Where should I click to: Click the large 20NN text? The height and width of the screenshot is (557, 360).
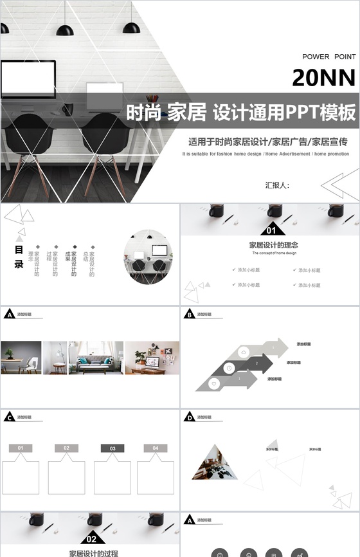coord(323,78)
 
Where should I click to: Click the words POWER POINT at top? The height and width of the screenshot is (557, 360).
coord(328,57)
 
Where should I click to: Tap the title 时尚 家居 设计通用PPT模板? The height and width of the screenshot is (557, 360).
coord(240,114)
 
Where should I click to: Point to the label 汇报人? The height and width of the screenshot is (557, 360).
coord(277,185)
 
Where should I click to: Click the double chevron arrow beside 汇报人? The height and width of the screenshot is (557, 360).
coord(339,186)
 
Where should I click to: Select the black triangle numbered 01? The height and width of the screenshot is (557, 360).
coord(271,230)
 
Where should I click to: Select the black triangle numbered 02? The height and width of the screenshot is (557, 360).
coord(92,538)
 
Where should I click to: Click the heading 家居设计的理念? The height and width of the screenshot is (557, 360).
coord(273,245)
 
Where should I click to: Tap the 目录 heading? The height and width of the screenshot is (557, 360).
coord(19,256)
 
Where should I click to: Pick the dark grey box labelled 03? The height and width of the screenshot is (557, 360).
coord(113,448)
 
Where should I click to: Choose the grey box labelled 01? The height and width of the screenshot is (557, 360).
coord(21,448)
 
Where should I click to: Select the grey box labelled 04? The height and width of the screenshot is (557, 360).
coord(155,448)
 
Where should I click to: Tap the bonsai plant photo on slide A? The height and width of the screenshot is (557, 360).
coord(21,357)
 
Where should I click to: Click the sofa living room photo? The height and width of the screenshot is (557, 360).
coord(100,357)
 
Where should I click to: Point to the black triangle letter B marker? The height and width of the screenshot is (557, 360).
coord(190,315)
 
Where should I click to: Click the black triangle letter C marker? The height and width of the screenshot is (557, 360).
coord(10,418)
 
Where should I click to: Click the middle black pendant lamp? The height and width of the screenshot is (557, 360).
coord(65,30)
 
